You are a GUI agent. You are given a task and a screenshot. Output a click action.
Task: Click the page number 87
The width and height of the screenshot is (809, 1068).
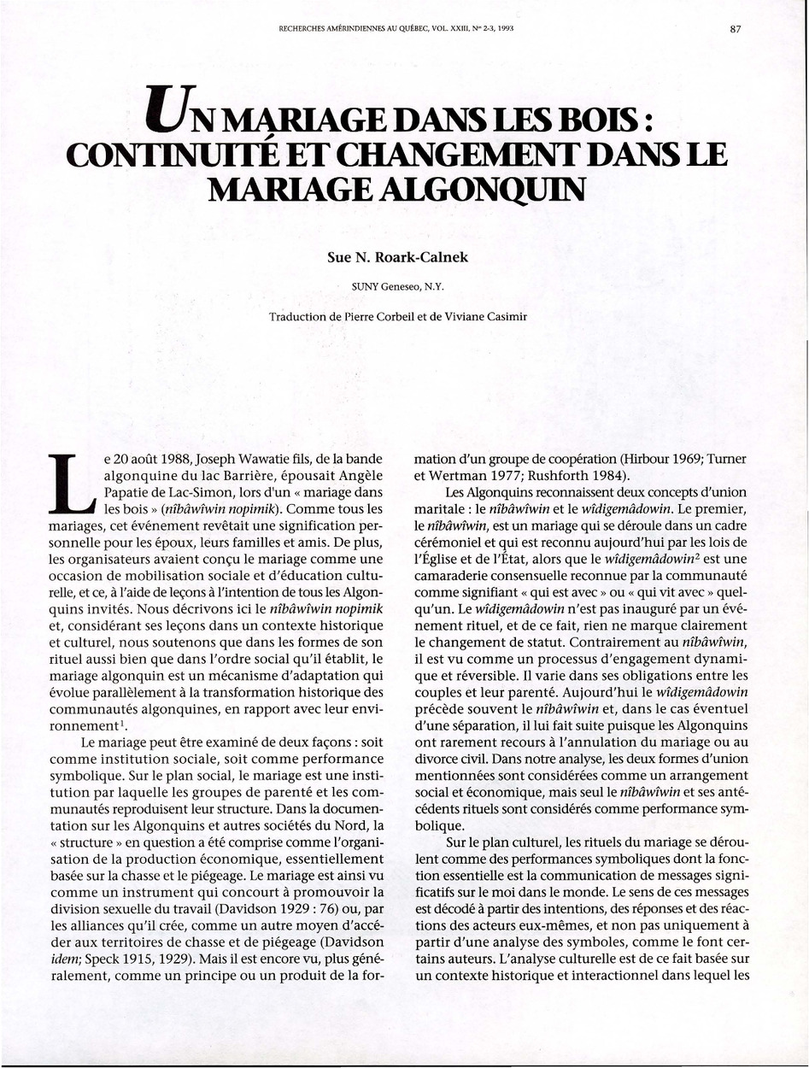736,28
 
